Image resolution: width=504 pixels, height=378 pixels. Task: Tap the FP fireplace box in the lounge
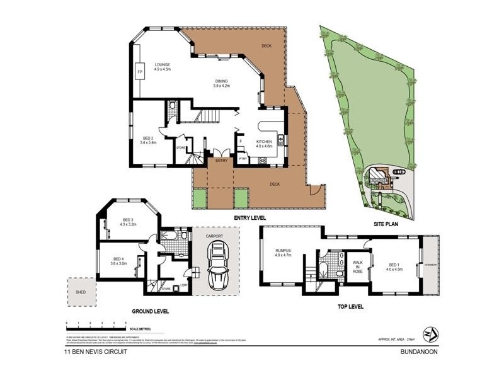pyautogui.click(x=140, y=72)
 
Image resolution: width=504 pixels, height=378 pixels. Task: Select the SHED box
pyautogui.click(x=81, y=292)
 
